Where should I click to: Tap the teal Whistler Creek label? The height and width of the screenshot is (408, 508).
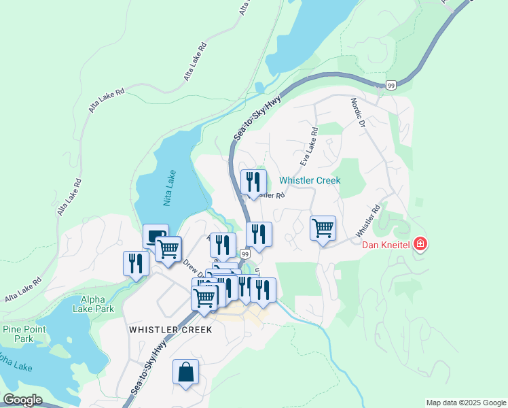click(310, 180)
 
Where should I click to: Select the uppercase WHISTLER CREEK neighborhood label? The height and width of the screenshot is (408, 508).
click(170, 330)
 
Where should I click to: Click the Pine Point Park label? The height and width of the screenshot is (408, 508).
click(18, 334)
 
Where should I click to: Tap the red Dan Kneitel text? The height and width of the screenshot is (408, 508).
click(384, 245)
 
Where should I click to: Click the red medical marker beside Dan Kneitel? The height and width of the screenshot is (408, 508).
click(420, 243)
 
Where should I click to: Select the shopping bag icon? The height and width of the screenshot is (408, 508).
click(185, 372)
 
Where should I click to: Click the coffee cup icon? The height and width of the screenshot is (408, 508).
click(155, 236)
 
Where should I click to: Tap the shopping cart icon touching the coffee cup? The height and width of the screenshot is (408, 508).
click(168, 248)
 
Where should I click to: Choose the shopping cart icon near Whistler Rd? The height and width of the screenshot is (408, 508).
click(323, 228)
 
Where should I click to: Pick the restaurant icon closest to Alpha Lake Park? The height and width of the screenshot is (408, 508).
click(136, 263)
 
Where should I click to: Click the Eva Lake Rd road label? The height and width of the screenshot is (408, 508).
click(308, 147)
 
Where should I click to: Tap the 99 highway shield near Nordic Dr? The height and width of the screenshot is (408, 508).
click(391, 85)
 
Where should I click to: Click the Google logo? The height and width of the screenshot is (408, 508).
click(22, 400)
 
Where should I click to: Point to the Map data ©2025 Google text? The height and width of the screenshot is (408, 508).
click(466, 403)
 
